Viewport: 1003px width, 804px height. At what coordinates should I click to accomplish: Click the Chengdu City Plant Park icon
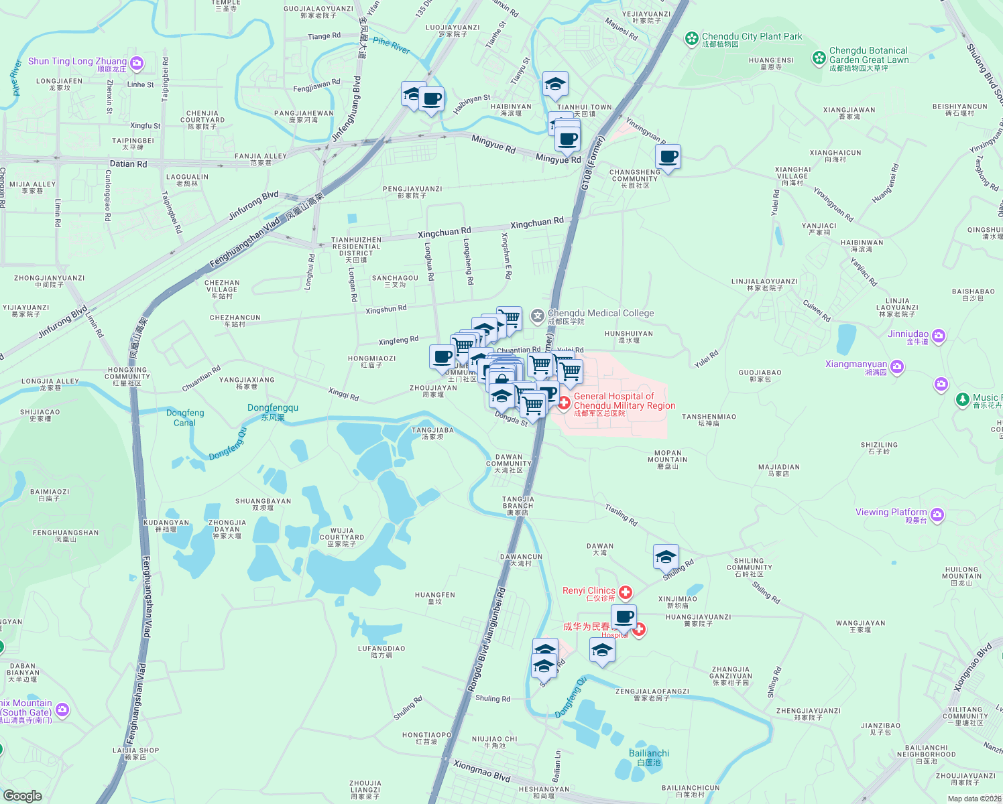tap(691, 39)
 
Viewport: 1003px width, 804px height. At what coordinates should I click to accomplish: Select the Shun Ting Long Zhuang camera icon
tap(137, 64)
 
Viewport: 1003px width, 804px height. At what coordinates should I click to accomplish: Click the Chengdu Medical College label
tap(601, 314)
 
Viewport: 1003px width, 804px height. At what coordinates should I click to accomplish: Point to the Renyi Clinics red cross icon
tap(626, 592)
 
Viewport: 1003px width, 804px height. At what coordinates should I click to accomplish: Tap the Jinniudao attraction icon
tap(938, 336)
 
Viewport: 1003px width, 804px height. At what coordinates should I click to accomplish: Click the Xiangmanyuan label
tap(856, 364)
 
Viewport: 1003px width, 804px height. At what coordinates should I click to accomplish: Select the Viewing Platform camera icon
tap(937, 515)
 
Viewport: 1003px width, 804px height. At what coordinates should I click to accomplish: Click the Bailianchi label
tap(649, 754)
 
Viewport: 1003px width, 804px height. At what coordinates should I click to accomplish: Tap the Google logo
tap(22, 796)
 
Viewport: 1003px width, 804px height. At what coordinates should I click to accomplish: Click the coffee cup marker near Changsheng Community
tap(668, 157)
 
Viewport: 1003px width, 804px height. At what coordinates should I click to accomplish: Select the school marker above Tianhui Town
tap(555, 84)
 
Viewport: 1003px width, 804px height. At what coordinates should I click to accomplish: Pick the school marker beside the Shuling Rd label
tap(666, 557)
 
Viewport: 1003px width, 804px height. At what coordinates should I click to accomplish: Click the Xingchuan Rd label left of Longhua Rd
tap(444, 233)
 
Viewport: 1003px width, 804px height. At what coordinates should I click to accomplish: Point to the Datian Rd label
tap(128, 163)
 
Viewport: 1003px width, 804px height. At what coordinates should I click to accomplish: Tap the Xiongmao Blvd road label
tap(481, 771)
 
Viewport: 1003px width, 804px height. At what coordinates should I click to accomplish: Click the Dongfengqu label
tap(273, 408)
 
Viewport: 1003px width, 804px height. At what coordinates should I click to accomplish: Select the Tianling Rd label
tap(622, 515)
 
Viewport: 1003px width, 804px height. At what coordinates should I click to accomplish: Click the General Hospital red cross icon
tap(564, 402)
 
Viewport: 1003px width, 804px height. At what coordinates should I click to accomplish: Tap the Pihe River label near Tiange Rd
tap(391, 46)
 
